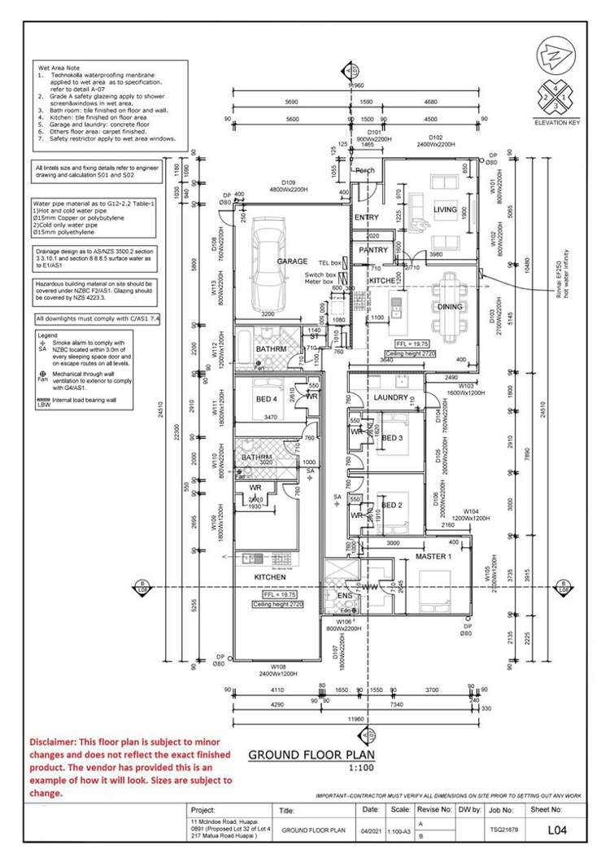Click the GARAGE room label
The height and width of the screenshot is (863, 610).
pyautogui.click(x=291, y=261)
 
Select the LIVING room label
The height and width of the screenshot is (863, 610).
pyautogui.click(x=445, y=209)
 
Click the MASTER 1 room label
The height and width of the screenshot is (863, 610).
pyautogui.click(x=433, y=556)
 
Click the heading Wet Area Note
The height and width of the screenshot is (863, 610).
pyautogui.click(x=62, y=66)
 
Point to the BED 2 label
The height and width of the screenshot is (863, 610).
pyautogui.click(x=392, y=505)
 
